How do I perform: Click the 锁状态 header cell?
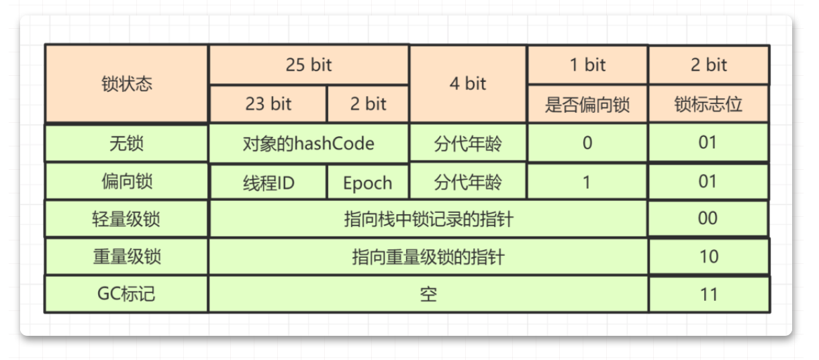pyautogui.click(x=126, y=84)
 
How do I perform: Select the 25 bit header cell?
pyautogui.click(x=309, y=65)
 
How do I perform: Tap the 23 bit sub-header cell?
pyautogui.click(x=268, y=104)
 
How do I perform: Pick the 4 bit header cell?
pyautogui.click(x=468, y=84)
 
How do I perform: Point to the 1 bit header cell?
pyautogui.click(x=587, y=65)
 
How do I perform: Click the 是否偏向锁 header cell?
pyautogui.click(x=587, y=104)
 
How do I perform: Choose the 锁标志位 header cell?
pyautogui.click(x=708, y=104)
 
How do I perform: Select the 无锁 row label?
pyautogui.click(x=126, y=143)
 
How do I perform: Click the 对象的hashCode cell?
pyautogui.click(x=309, y=143)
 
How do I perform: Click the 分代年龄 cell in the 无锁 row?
pyautogui.click(x=468, y=143)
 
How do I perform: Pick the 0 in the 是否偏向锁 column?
pyautogui.click(x=587, y=143)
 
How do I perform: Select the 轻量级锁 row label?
pyautogui.click(x=126, y=219)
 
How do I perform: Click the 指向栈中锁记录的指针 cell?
pyautogui.click(x=428, y=219)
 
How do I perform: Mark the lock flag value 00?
pyautogui.click(x=708, y=219)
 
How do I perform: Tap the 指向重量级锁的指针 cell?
pyautogui.click(x=428, y=257)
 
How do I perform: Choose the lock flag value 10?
pyautogui.click(x=708, y=257)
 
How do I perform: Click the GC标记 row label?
pyautogui.click(x=126, y=294)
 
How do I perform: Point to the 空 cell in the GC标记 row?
pyautogui.click(x=428, y=294)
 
